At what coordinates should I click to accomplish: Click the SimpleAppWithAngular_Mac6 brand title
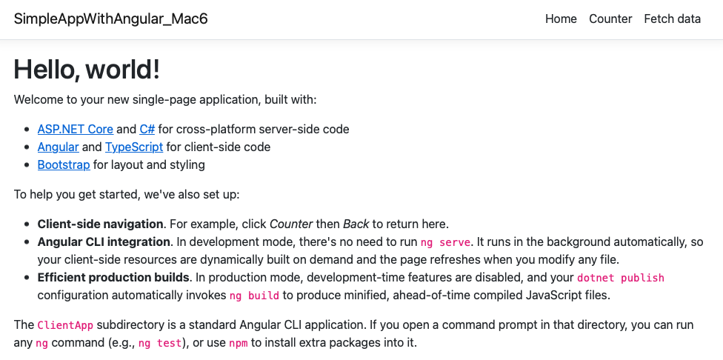[x=110, y=19]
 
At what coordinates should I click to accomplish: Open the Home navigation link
[x=561, y=19]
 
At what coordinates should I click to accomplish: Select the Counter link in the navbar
[x=610, y=19]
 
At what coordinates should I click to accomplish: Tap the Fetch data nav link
[x=673, y=19]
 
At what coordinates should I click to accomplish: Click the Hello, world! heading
[x=87, y=70]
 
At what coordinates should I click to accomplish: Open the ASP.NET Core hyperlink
[x=75, y=129]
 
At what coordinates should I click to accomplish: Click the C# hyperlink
[x=147, y=129]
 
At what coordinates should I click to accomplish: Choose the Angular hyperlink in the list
[x=58, y=147]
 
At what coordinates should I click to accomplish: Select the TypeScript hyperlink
[x=134, y=147]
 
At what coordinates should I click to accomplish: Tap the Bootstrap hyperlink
[x=64, y=164]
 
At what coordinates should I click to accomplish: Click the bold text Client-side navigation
[x=100, y=224]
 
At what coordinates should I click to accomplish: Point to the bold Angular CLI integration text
[x=104, y=241]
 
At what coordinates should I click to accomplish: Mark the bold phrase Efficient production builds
[x=113, y=278]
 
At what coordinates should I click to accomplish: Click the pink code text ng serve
[x=445, y=242]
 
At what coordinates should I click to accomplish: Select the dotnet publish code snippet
[x=621, y=278]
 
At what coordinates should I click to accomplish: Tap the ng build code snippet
[x=254, y=296]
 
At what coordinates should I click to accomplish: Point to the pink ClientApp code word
[x=65, y=325]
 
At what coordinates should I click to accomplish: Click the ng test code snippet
[x=159, y=344]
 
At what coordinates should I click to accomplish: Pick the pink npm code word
[x=239, y=344]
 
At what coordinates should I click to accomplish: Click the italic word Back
[x=356, y=224]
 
